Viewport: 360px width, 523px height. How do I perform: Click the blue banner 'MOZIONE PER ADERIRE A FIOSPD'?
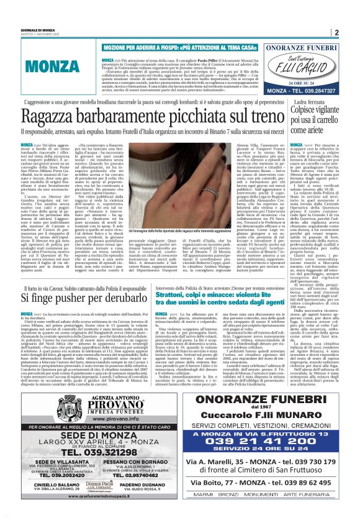tap(168, 47)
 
